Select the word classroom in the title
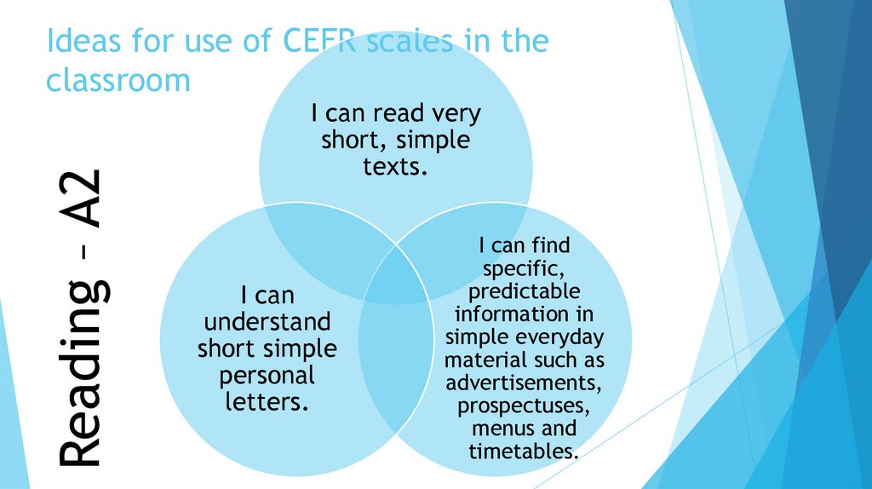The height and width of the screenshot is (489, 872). point(118,80)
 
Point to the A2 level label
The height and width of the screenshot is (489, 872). point(84,200)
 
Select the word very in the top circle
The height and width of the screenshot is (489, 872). point(456,113)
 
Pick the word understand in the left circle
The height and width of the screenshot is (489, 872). point(267,323)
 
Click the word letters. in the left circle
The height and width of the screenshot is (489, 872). point(266,400)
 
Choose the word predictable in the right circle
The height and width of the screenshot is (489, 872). point(524,291)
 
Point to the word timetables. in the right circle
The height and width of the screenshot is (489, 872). point(523,450)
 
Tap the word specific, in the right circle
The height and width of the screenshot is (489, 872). point(523,268)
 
